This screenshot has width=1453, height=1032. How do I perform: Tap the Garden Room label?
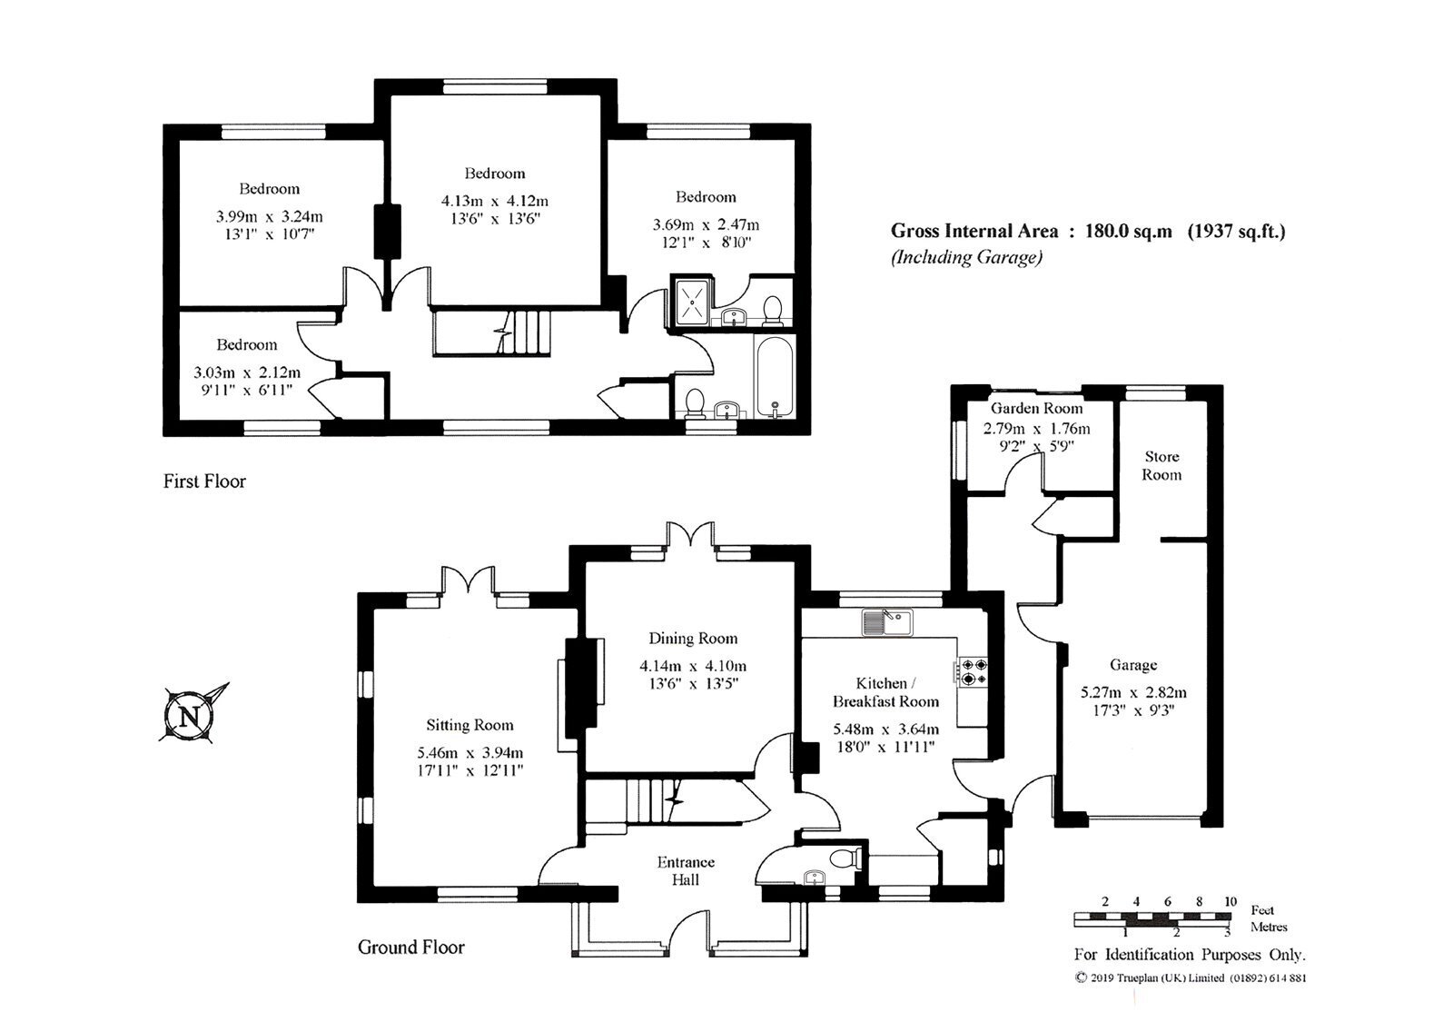tap(1036, 408)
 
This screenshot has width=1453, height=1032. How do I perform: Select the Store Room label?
tap(1161, 465)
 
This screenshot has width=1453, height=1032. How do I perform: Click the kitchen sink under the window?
tap(888, 622)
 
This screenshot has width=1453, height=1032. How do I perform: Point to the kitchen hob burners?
tap(974, 671)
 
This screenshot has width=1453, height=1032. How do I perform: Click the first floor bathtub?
tap(774, 373)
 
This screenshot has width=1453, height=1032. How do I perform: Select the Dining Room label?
tap(693, 638)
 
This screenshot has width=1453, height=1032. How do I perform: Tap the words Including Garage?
tap(966, 257)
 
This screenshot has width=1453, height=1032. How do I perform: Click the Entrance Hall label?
tap(686, 870)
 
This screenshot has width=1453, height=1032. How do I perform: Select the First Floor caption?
tap(204, 481)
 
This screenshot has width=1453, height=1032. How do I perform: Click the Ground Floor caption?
tap(410, 948)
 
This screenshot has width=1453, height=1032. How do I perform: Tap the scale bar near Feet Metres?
tap(1153, 919)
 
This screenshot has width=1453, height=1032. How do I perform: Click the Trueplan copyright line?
tap(1190, 978)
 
